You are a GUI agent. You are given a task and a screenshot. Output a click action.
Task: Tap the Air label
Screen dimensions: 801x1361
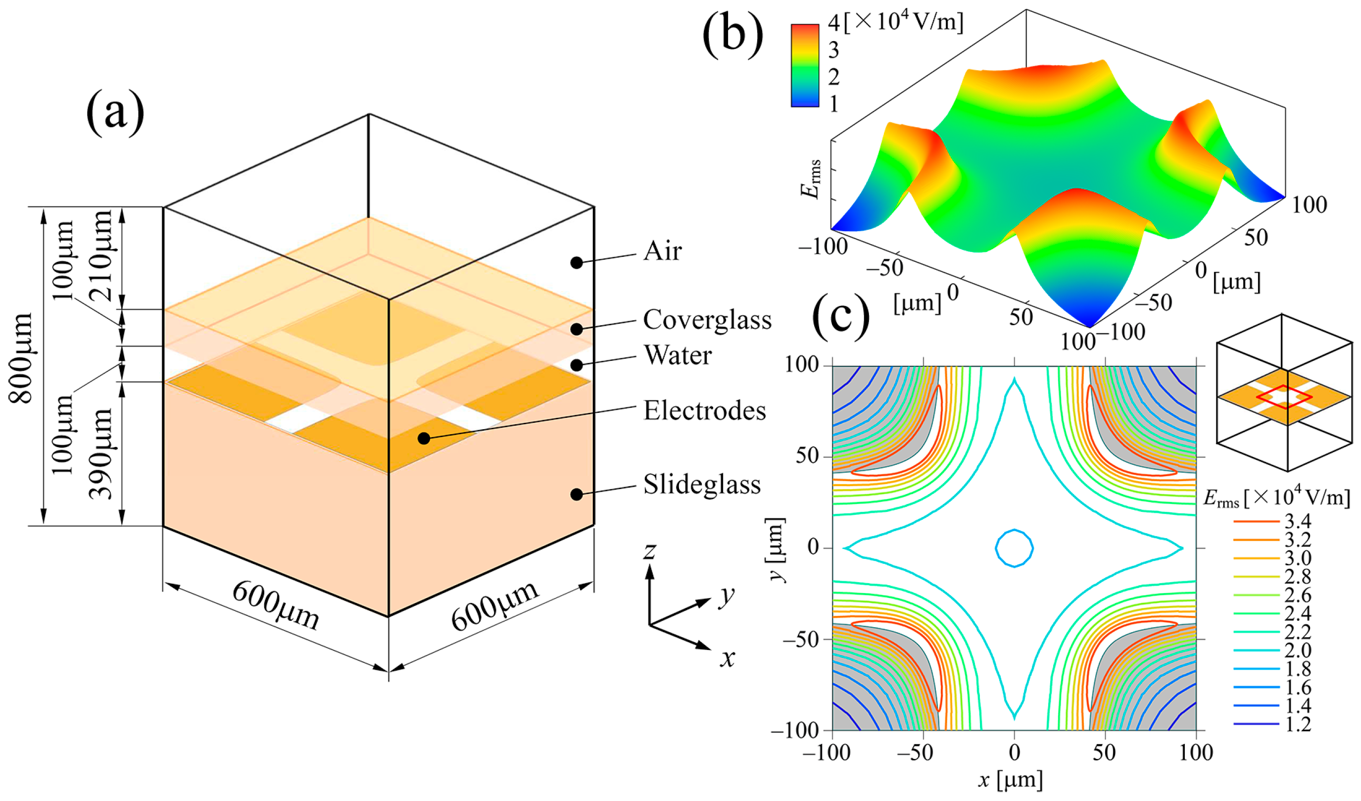click(662, 251)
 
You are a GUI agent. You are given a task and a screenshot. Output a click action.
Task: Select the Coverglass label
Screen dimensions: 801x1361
click(707, 320)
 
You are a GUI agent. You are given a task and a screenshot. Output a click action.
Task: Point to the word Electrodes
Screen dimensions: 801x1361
click(704, 411)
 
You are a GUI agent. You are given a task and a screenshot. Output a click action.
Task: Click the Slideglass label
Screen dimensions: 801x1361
click(702, 485)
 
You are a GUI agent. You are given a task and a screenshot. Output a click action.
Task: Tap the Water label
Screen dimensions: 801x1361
click(677, 355)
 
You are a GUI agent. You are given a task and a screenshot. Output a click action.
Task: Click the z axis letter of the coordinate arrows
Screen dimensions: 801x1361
click(650, 551)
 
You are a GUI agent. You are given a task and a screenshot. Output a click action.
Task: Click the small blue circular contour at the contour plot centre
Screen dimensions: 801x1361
click(1014, 548)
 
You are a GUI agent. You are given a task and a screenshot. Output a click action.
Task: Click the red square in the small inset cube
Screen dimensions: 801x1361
click(1284, 397)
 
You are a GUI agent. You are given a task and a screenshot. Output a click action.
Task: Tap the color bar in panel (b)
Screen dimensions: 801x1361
click(805, 65)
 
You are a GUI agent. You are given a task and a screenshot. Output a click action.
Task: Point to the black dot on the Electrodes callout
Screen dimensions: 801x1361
click(424, 438)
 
